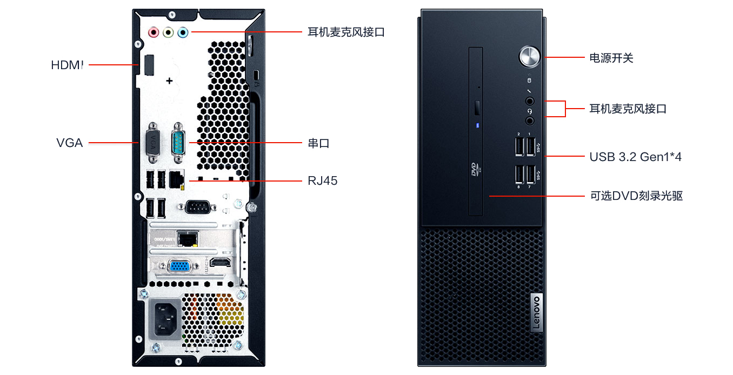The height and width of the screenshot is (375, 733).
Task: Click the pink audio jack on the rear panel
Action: [x=154, y=32]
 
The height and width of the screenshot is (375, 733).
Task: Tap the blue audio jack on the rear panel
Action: [x=183, y=32]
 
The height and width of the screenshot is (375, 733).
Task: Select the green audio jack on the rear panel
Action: [x=169, y=32]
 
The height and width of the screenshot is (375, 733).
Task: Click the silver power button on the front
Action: [x=529, y=56]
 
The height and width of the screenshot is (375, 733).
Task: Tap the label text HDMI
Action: [x=68, y=65]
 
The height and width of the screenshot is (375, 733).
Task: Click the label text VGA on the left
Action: [x=70, y=143]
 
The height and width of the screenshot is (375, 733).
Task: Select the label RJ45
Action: [x=323, y=180]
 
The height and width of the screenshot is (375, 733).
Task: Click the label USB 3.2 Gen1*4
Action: [x=635, y=157]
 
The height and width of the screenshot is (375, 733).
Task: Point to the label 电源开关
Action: [x=611, y=58]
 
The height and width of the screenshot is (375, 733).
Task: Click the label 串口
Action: [x=318, y=143]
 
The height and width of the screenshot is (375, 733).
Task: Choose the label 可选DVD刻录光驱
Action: [x=636, y=196]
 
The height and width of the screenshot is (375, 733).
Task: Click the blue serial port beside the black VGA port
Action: [x=178, y=143]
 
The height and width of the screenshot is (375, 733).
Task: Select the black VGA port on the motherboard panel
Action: [x=153, y=143]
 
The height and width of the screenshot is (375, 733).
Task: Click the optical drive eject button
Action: [x=477, y=108]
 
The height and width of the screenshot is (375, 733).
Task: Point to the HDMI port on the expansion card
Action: [x=219, y=263]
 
